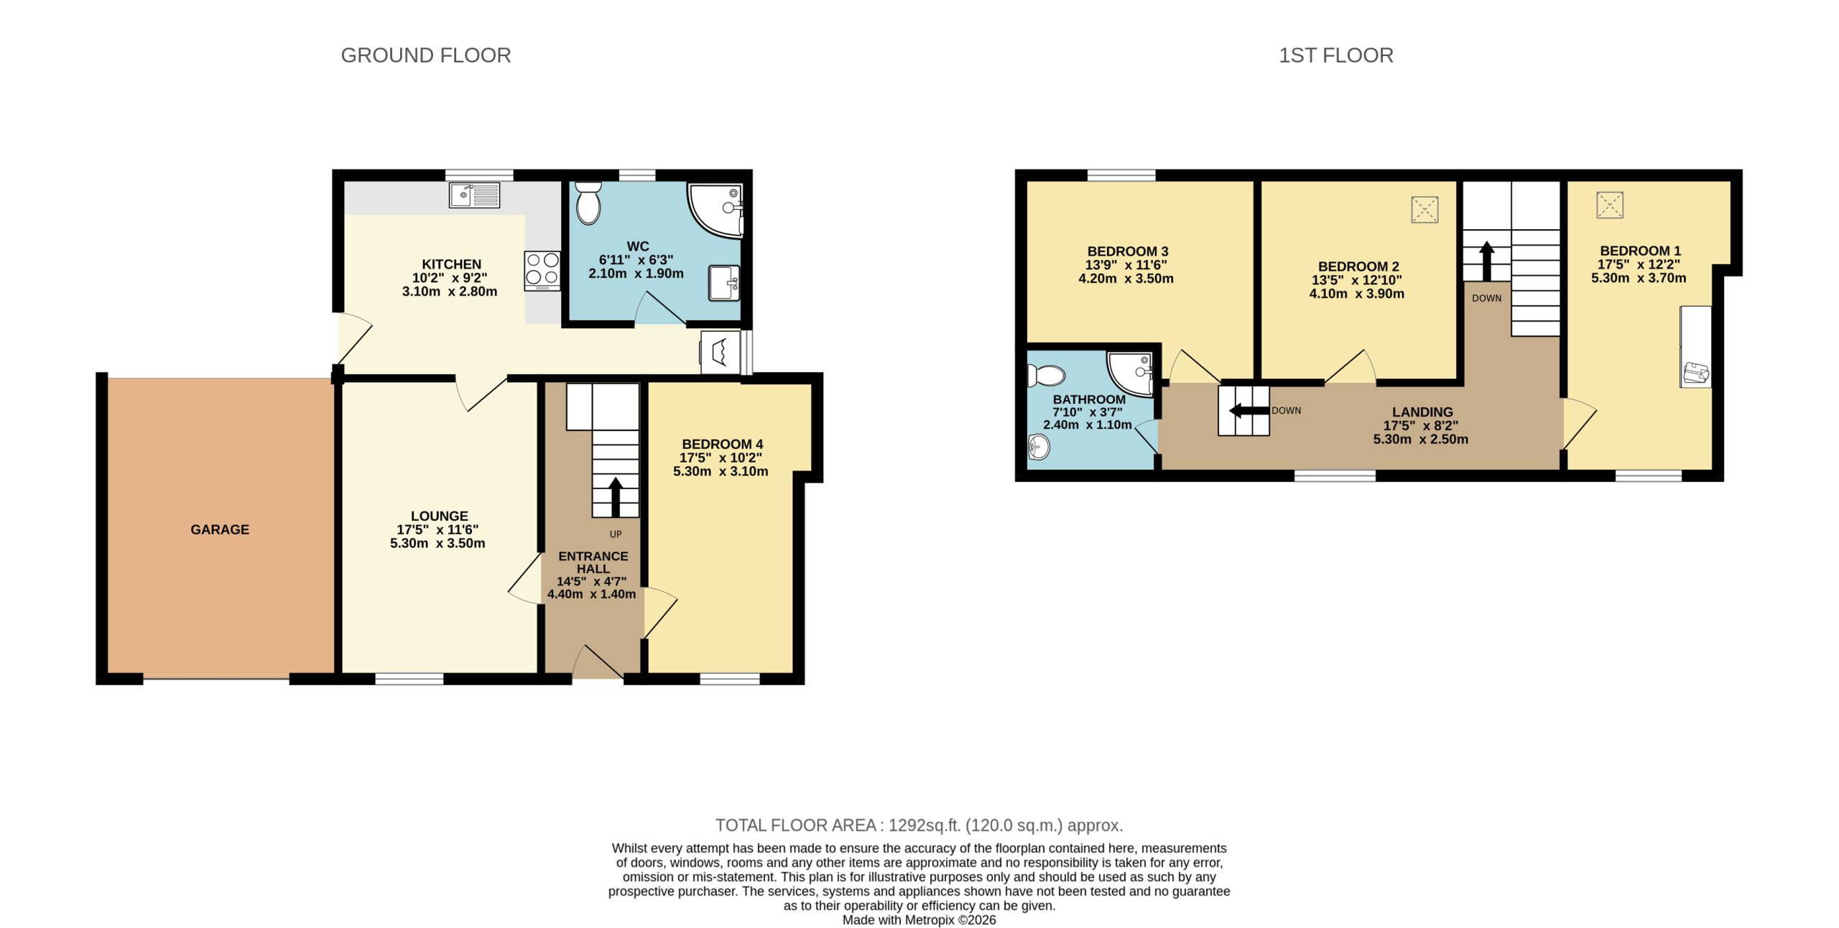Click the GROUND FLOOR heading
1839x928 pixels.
click(x=425, y=55)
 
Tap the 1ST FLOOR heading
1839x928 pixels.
click(x=1335, y=55)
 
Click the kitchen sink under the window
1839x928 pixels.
click(x=474, y=195)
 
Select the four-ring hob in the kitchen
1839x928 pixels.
click(x=542, y=270)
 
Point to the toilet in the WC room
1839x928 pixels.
click(x=588, y=203)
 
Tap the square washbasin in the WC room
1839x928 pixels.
click(x=724, y=283)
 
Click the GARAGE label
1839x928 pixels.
click(x=220, y=529)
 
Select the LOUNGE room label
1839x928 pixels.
click(x=439, y=516)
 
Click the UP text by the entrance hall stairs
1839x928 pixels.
click(x=616, y=534)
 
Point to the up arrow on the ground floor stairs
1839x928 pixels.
click(x=616, y=496)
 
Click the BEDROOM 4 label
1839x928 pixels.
click(x=722, y=444)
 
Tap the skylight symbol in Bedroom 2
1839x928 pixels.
click(x=1425, y=210)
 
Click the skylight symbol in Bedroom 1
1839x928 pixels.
click(x=1610, y=205)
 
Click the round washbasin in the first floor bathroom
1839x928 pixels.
click(x=1039, y=447)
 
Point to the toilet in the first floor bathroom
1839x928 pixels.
click(x=1046, y=375)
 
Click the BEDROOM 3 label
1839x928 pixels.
click(x=1127, y=251)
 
